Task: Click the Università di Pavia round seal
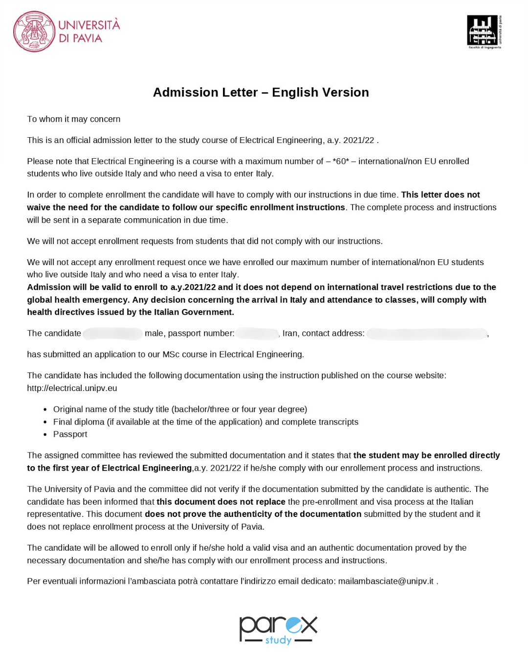pos(34,32)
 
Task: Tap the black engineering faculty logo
pos(484,32)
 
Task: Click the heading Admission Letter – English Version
pos(261,92)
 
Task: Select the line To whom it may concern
pos(73,119)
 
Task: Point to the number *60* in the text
pos(341,161)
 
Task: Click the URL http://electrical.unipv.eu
pos(72,388)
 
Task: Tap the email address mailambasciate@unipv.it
pos(386,581)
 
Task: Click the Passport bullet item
pos(70,434)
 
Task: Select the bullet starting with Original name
pos(180,409)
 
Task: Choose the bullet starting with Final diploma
pos(205,422)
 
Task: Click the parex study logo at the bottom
pos(278,630)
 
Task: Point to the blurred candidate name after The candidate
pos(112,334)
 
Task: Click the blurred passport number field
pos(257,334)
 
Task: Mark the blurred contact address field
pos(427,334)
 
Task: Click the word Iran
pos(290,333)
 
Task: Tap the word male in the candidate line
pos(154,333)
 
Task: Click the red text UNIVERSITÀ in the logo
pos(89,25)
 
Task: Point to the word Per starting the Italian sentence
pos(34,581)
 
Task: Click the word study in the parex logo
pos(278,639)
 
